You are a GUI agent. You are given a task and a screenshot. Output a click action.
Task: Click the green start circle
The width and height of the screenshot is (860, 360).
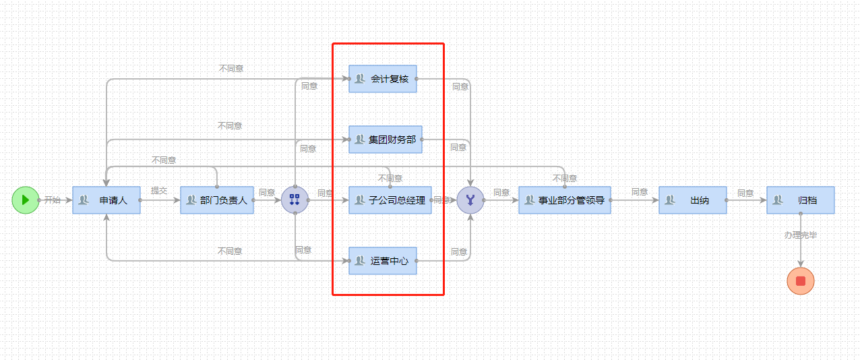26,200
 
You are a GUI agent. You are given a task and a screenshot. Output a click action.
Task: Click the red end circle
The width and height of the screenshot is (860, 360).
801,281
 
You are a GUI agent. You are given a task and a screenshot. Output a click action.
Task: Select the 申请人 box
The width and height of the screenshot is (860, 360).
106,200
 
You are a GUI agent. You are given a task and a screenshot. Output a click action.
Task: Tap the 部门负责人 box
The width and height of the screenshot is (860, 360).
217,200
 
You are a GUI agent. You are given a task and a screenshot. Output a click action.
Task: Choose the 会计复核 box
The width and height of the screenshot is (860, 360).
383,79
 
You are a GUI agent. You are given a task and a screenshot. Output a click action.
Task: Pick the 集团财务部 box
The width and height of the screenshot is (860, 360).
386,140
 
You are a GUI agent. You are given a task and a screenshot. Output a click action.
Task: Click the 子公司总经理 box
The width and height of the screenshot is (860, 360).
390,200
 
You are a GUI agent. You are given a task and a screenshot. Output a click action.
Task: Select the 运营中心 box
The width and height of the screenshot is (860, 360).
383,261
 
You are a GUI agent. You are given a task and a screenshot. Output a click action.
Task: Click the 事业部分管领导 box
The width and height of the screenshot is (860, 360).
565,200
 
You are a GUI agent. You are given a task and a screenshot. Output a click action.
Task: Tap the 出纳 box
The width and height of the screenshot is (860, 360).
693,200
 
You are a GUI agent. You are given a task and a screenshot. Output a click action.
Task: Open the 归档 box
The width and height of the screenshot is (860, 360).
801,200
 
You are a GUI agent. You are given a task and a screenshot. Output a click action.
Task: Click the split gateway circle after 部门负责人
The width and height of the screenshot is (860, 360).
295,200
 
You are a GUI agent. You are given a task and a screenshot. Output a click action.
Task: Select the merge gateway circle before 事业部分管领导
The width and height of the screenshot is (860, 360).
470,200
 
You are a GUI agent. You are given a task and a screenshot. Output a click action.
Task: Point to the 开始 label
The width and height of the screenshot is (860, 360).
53,200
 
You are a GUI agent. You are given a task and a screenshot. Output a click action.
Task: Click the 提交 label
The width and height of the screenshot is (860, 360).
159,191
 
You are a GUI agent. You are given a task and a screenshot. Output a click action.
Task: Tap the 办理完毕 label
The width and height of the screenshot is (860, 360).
801,235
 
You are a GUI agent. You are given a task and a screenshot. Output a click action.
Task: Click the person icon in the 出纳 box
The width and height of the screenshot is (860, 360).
670,200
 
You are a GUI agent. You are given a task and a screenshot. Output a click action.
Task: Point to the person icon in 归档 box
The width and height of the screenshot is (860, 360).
778,200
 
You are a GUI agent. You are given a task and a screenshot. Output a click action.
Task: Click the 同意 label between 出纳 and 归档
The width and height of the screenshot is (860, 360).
745,193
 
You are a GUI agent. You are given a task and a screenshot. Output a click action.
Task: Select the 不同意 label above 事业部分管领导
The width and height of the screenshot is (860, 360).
565,178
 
